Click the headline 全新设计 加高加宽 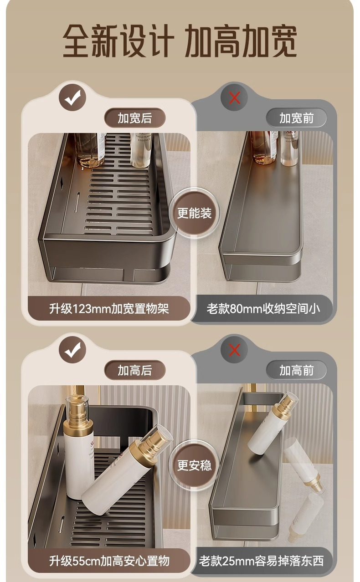[x=180, y=41]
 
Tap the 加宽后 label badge [x=134, y=118]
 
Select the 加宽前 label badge [x=296, y=118]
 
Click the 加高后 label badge [x=134, y=370]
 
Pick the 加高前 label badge [x=296, y=370]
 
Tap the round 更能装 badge [x=194, y=213]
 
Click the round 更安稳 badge [x=194, y=465]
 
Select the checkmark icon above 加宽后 [x=72, y=98]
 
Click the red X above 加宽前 [x=234, y=98]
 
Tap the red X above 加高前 [x=234, y=350]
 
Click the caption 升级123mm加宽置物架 [x=109, y=309]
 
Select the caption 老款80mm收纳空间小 [x=263, y=309]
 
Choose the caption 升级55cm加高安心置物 [x=109, y=561]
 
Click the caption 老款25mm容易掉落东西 [x=262, y=561]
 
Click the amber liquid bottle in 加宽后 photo [x=90, y=150]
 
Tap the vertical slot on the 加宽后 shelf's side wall [x=77, y=202]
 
